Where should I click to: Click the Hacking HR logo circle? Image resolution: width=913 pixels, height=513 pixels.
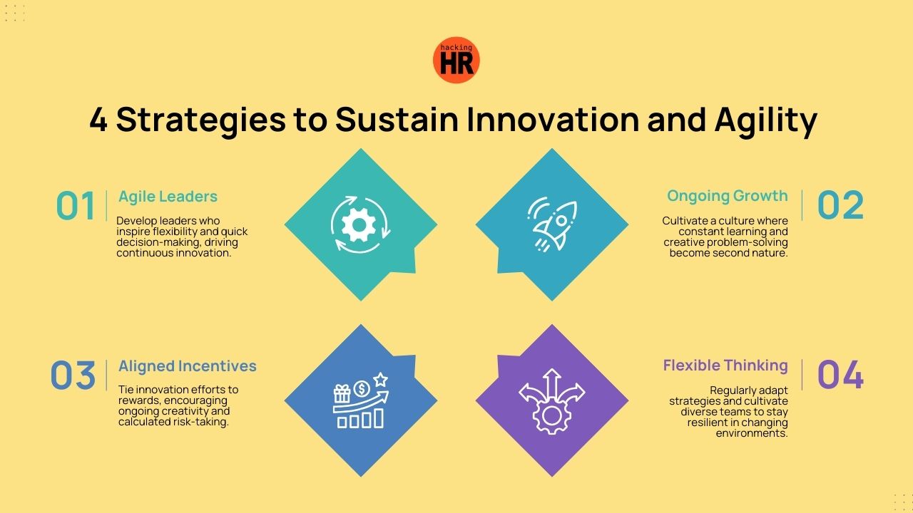click(x=456, y=61)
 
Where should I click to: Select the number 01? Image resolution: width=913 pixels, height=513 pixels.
click(x=76, y=207)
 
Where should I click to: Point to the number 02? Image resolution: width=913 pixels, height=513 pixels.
click(x=840, y=205)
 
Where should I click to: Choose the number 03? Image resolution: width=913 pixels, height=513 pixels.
click(x=73, y=375)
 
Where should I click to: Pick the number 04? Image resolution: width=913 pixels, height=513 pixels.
click(x=840, y=375)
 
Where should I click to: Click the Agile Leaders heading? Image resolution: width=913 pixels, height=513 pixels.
click(x=168, y=197)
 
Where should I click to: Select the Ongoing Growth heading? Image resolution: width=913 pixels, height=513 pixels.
click(x=727, y=196)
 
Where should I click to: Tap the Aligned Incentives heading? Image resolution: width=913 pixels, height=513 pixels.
click(x=187, y=366)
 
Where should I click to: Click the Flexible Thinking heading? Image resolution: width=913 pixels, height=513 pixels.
click(x=725, y=366)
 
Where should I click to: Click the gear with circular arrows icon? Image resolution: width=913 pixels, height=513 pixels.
click(x=360, y=224)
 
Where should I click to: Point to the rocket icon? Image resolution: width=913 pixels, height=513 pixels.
click(x=551, y=224)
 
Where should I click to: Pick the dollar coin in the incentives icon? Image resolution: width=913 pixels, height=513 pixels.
click(x=362, y=388)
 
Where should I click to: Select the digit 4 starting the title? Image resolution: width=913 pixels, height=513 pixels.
click(x=98, y=120)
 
